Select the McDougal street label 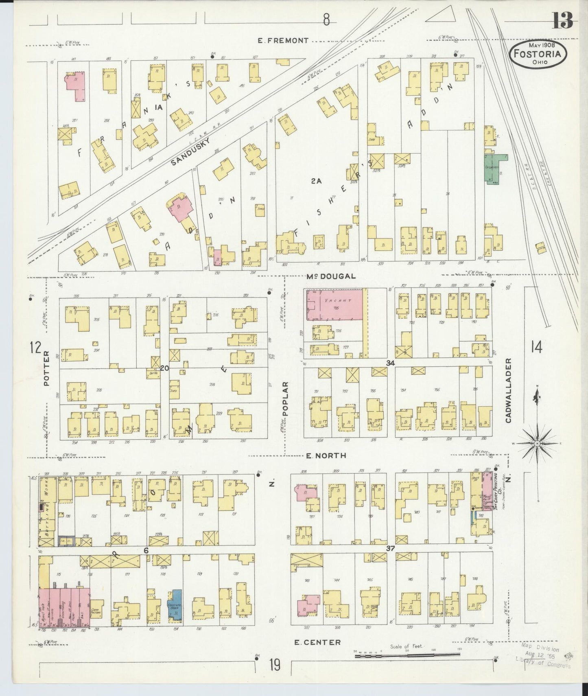331,276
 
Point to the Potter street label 46,369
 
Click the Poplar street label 285,398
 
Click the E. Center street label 317,642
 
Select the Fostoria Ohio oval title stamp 540,53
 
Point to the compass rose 537,443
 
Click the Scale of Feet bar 407,655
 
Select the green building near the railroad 493,169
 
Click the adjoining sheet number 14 536,348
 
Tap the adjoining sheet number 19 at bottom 275,665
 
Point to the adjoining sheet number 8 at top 326,20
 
